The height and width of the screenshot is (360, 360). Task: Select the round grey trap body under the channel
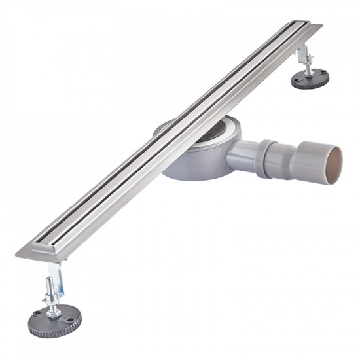[x=190, y=164]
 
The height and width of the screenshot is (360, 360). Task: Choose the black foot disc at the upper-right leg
[x=310, y=80]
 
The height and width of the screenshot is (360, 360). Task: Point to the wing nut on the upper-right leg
[x=306, y=63]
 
